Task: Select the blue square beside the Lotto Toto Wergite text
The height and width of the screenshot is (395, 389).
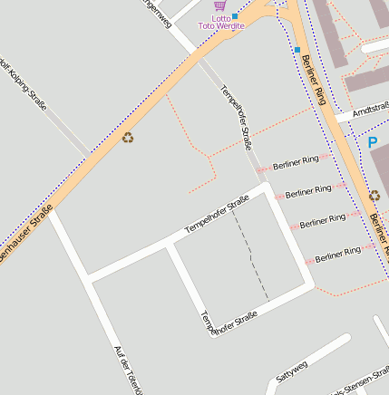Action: [235, 16]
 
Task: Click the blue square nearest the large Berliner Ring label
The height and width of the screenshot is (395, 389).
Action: [297, 49]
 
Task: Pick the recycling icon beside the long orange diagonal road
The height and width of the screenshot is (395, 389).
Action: [128, 138]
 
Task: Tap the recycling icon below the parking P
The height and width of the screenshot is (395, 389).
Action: [374, 196]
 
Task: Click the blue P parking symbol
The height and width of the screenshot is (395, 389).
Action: [372, 142]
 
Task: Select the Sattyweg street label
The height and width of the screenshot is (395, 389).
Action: [292, 369]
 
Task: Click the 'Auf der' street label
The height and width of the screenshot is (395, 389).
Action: [127, 369]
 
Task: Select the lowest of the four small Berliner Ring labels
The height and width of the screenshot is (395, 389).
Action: [338, 255]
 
